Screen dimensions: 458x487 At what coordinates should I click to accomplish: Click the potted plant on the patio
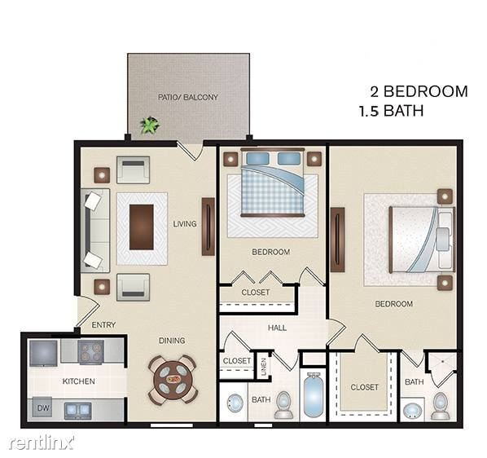tap(149, 126)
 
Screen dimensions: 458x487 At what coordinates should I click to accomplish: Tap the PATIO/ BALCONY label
tap(188, 97)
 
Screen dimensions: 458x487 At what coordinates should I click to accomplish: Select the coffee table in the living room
tap(141, 227)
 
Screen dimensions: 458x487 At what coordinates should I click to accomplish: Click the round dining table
tap(173, 377)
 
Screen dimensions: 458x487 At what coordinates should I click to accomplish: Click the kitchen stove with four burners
tap(90, 352)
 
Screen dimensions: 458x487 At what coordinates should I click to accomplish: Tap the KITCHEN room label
tap(79, 381)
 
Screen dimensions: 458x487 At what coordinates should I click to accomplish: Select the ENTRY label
tap(103, 325)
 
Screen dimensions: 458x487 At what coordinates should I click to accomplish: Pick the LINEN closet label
tap(263, 363)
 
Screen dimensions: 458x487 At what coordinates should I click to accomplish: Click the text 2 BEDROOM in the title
tap(415, 91)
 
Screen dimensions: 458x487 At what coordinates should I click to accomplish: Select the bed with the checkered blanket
tap(272, 183)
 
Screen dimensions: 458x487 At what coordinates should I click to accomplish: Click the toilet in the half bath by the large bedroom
tap(441, 405)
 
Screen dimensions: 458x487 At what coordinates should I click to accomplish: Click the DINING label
tap(172, 341)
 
